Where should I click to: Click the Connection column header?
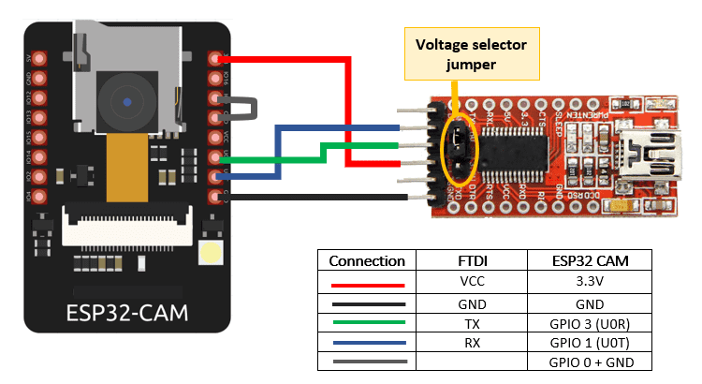(367, 261)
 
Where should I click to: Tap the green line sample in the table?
(367, 323)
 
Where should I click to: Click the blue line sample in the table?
(367, 343)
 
